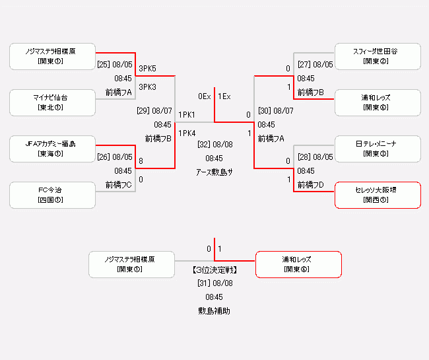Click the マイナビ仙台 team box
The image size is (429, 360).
(52, 102)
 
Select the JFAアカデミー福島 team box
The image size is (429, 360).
(52, 149)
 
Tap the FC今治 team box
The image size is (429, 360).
(52, 195)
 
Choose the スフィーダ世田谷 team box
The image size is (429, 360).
(376, 56)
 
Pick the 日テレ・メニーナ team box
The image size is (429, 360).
(376, 149)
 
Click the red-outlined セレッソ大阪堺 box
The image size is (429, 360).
(376, 195)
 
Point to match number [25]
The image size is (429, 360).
(104, 65)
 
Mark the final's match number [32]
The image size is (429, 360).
(205, 144)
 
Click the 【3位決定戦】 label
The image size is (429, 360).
(214, 270)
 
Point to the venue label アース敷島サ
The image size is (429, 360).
(214, 172)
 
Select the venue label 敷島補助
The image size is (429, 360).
(214, 310)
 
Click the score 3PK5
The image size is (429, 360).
(148, 68)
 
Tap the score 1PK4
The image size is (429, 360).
(187, 133)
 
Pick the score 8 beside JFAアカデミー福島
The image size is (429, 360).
(141, 160)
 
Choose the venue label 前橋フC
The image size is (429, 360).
(119, 185)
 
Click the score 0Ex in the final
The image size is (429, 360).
(204, 96)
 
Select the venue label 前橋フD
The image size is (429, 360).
(311, 185)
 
